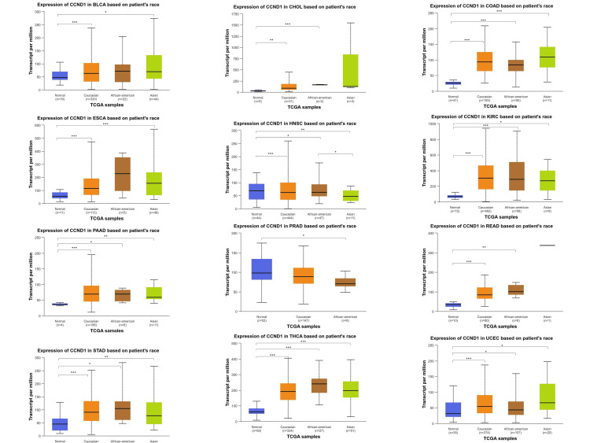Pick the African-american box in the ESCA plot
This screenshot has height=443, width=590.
coord(122,174)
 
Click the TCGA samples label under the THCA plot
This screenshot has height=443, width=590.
coord(295,437)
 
